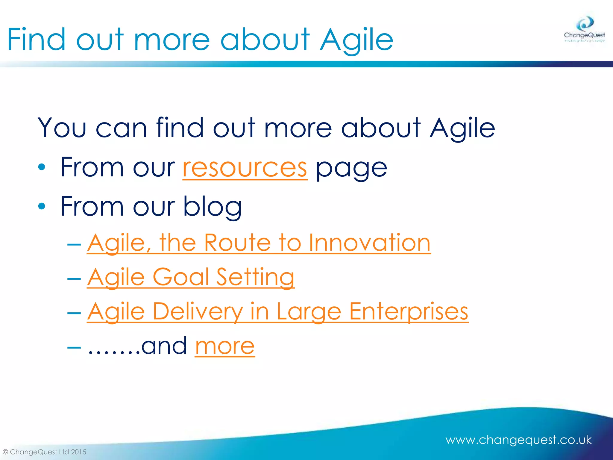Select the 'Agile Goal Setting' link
(191, 277)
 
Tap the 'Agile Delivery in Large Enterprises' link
(277, 311)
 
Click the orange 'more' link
(224, 346)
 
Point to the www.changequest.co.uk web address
(518, 440)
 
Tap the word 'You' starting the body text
(62, 128)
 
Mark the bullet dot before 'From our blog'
(42, 206)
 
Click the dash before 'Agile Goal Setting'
(74, 279)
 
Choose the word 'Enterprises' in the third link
(409, 311)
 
